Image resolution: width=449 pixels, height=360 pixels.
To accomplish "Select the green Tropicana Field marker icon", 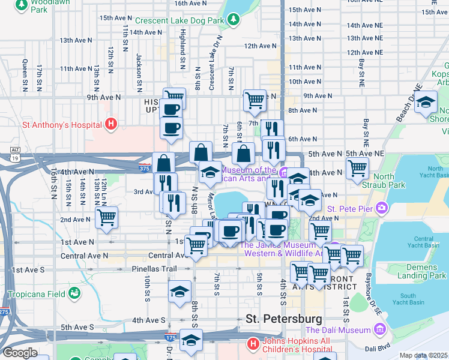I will click(x=74, y=293).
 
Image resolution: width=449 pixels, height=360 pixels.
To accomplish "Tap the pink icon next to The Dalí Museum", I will click(x=379, y=329).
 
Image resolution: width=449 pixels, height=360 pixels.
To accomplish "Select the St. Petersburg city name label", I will click(x=283, y=318).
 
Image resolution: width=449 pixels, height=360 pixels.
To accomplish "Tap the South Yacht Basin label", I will click(x=408, y=299).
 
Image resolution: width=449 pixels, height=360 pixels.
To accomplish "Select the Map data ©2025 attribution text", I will click(x=423, y=355).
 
